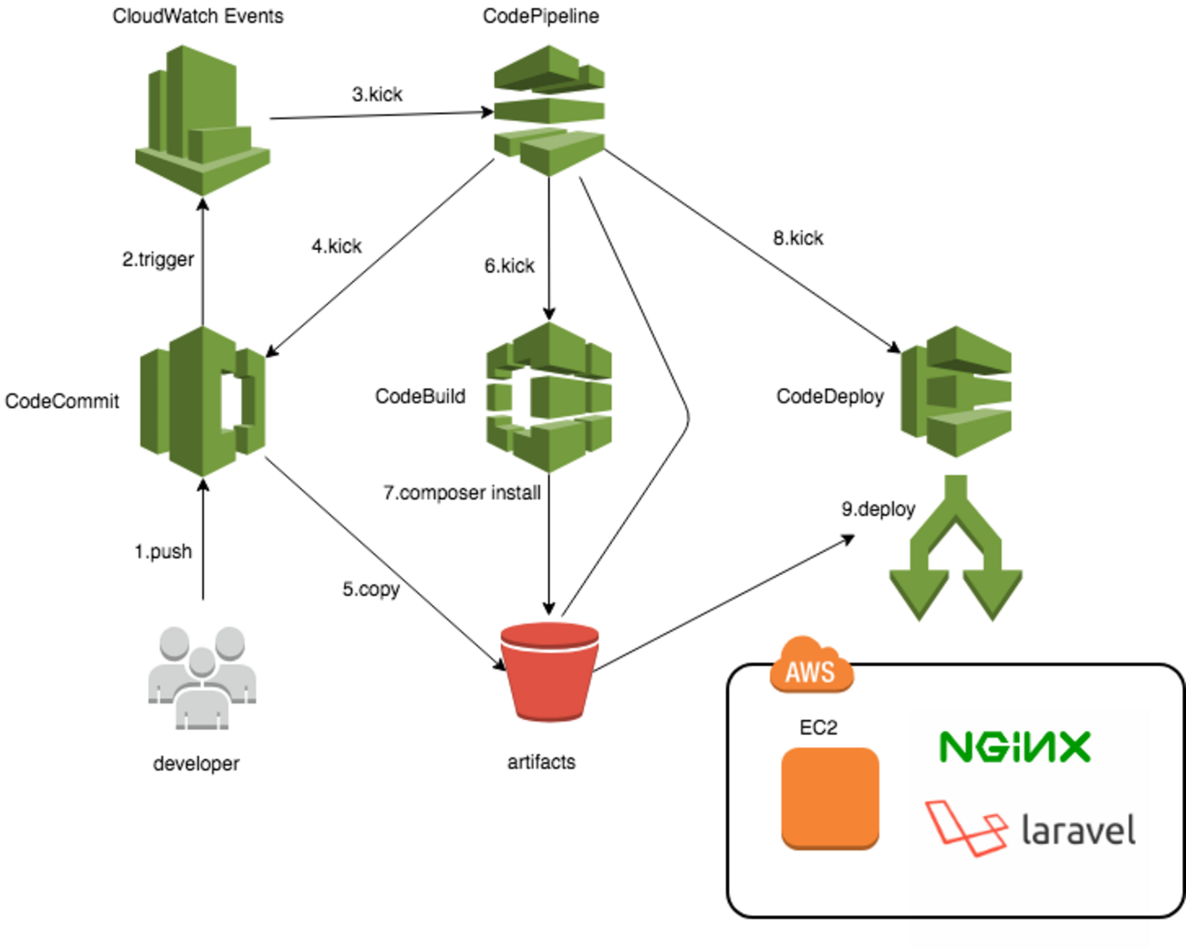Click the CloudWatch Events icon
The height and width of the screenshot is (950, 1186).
(x=203, y=120)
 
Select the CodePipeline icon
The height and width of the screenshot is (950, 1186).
(x=549, y=110)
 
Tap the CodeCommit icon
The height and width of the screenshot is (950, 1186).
(x=203, y=402)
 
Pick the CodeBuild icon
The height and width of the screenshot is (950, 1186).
(x=549, y=397)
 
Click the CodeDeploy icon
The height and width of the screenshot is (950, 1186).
(x=956, y=392)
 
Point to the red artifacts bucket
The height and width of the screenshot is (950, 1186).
(x=549, y=672)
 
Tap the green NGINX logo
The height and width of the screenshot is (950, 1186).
(x=1014, y=747)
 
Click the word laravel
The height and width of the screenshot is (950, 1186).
(x=1078, y=830)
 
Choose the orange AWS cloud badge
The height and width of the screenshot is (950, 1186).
(x=810, y=666)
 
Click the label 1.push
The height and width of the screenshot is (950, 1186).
(x=163, y=552)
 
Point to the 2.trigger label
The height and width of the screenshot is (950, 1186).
(x=158, y=259)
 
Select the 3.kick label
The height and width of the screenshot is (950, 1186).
(x=377, y=94)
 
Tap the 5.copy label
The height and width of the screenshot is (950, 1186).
(x=371, y=590)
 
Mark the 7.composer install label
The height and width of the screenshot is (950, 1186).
(x=462, y=493)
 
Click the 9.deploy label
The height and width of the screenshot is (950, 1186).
(x=878, y=509)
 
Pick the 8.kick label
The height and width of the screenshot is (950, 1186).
(x=798, y=238)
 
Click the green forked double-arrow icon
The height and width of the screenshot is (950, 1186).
(x=955, y=548)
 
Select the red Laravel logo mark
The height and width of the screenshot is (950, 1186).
(x=965, y=827)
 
